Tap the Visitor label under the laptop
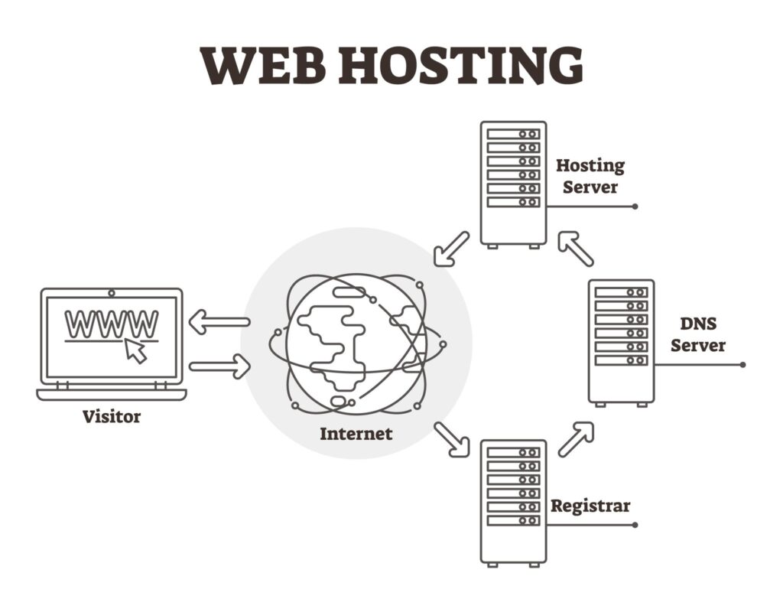(x=112, y=417)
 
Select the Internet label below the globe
(x=356, y=434)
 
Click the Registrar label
(x=590, y=506)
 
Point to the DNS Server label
(x=697, y=334)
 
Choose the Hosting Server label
(x=590, y=175)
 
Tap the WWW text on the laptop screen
(x=112, y=324)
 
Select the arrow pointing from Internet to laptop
(x=219, y=322)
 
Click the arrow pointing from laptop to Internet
(x=219, y=366)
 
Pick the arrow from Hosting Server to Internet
(x=451, y=249)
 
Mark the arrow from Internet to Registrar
(x=451, y=439)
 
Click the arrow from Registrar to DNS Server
(x=576, y=439)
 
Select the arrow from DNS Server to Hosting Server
(x=575, y=249)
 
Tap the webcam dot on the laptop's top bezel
(x=112, y=293)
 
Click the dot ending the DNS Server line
(x=742, y=365)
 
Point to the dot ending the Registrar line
(x=635, y=525)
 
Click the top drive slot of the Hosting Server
(x=513, y=134)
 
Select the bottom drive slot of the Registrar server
(x=513, y=521)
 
